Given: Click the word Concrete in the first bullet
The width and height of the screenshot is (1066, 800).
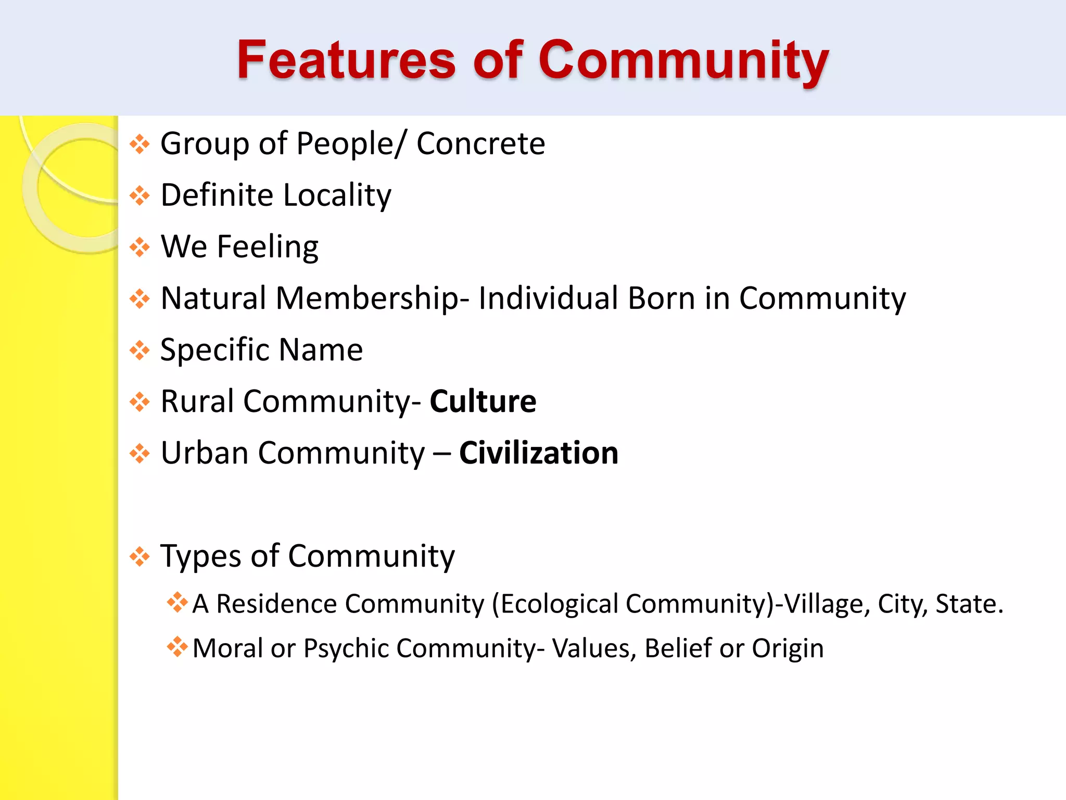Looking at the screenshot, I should pos(480,143).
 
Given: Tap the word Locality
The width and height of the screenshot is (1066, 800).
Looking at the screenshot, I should pos(337,195).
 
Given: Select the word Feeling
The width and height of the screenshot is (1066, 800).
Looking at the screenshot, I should pos(268,247).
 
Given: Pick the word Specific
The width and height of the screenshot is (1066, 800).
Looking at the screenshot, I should pos(214,350).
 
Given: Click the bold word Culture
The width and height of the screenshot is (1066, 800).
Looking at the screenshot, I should pos(483,402).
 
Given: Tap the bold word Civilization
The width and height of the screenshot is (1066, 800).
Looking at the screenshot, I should pos(539,453).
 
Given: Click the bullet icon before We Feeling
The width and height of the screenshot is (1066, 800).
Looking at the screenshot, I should pos(139,247).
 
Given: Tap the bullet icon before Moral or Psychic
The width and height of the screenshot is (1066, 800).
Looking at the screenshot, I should pos(177,647).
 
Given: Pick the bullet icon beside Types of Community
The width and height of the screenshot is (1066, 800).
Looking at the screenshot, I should pos(139,556).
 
